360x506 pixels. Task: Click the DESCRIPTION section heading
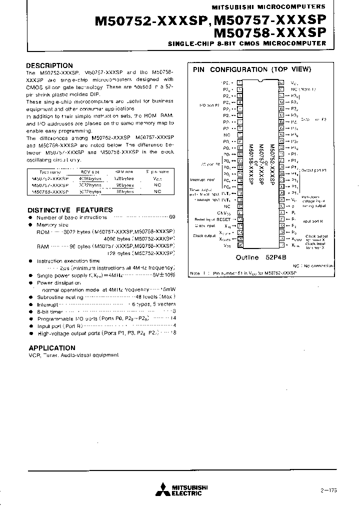click(49, 65)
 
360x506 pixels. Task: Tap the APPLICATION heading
click(52, 348)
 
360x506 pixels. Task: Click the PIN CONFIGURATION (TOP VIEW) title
click(252, 69)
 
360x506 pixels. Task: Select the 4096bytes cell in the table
click(91, 178)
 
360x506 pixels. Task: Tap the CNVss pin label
click(223, 212)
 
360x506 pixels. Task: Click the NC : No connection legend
click(310, 266)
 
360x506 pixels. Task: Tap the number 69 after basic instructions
click(172, 217)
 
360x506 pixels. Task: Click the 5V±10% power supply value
click(163, 274)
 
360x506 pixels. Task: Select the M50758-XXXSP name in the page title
click(269, 33)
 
